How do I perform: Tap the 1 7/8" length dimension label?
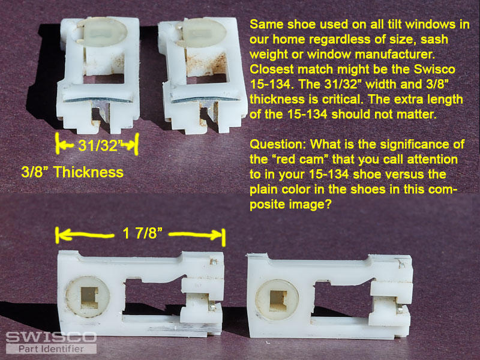142,233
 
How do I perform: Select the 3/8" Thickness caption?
73,172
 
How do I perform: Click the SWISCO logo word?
51,337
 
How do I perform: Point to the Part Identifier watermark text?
51,349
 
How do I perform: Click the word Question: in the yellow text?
278,145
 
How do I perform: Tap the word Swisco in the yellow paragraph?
434,69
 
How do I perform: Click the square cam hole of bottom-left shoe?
89,297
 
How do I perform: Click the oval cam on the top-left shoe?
101,32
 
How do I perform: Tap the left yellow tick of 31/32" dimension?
57,143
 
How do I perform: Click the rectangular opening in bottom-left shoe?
153,296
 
